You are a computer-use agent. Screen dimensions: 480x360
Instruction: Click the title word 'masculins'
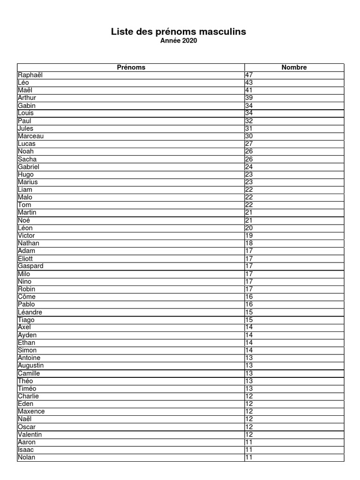click(x=223, y=32)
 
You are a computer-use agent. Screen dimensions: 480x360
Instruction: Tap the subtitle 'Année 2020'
click(x=179, y=41)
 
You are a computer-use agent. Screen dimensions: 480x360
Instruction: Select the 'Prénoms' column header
click(x=131, y=67)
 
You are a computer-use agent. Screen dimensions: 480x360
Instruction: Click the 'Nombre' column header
click(x=294, y=67)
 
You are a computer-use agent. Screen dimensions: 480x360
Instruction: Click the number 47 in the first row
click(x=249, y=75)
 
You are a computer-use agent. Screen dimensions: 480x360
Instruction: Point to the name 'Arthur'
click(x=27, y=98)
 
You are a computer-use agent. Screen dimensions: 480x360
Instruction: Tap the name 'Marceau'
click(x=31, y=136)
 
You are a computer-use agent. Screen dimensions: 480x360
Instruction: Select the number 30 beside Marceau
click(x=249, y=136)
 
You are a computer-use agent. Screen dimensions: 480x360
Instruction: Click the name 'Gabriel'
click(x=29, y=167)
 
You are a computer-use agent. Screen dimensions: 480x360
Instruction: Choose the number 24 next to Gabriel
click(x=249, y=167)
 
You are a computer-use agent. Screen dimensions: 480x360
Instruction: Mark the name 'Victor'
click(x=27, y=236)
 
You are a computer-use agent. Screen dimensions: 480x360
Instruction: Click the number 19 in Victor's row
click(x=249, y=236)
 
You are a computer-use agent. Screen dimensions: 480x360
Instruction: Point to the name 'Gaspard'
click(x=30, y=266)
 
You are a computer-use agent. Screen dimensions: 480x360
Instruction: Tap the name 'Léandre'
click(x=30, y=312)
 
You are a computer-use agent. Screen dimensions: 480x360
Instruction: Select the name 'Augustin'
click(x=31, y=366)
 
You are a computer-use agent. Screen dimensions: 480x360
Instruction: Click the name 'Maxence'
click(x=31, y=412)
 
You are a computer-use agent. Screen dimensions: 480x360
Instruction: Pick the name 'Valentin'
click(x=30, y=435)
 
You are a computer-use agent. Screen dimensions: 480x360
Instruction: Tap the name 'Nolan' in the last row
click(x=27, y=457)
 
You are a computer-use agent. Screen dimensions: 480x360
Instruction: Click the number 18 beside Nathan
click(x=249, y=243)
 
